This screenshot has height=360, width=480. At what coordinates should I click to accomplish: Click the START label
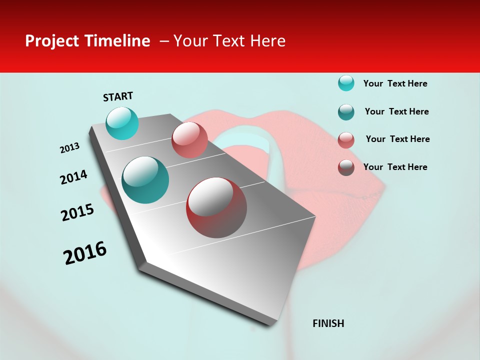118,96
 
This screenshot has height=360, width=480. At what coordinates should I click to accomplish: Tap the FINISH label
328,323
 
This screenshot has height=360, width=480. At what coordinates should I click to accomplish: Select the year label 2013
69,148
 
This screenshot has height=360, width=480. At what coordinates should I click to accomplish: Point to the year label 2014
73,177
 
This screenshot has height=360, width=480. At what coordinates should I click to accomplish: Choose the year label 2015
77,212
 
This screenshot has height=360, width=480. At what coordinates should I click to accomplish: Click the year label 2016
85,253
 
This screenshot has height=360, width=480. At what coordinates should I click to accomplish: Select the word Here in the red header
267,41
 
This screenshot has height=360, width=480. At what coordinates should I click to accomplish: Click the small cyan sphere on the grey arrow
122,123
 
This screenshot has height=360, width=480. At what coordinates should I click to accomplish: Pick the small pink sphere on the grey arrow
189,139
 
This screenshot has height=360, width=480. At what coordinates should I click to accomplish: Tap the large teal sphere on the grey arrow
145,180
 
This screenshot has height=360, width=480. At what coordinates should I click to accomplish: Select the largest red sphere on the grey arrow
216,207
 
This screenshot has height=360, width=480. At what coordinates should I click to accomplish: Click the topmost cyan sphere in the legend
346,83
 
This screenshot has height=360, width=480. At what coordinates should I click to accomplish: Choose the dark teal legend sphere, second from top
346,112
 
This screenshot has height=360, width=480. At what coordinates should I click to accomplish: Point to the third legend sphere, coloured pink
346,140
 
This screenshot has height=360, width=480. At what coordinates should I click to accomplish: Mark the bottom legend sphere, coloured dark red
346,167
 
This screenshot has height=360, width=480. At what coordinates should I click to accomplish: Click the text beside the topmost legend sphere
395,83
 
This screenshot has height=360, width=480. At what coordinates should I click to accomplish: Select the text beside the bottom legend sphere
395,167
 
